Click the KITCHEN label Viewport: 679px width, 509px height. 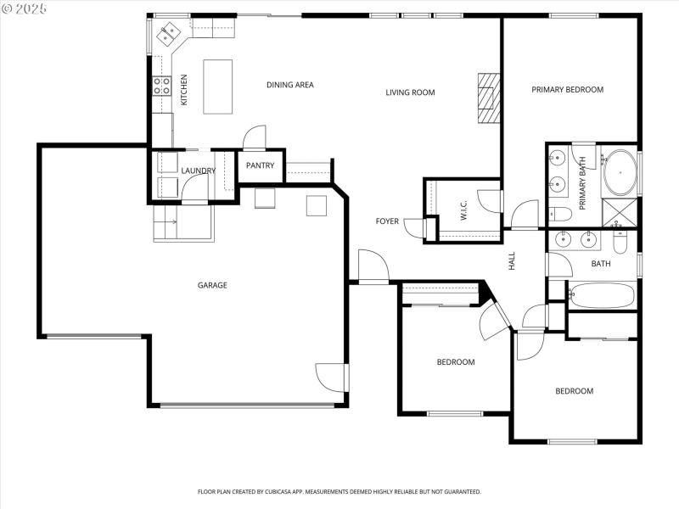point(184,90)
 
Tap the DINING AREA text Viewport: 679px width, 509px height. point(290,85)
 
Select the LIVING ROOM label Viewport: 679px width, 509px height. point(410,92)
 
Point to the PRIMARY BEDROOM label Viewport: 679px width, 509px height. point(567,89)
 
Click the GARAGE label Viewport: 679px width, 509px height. point(212,285)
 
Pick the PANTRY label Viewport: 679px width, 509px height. point(260,165)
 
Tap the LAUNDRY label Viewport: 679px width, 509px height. point(198,171)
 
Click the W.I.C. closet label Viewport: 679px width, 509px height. point(464,210)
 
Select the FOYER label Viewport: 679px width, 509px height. point(387,221)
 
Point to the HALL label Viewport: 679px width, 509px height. point(513,261)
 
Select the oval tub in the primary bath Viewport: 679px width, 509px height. point(620,172)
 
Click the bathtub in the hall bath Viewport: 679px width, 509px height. point(603,295)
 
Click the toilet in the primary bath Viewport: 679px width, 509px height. point(559,213)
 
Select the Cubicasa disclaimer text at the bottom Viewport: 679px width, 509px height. point(339,491)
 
